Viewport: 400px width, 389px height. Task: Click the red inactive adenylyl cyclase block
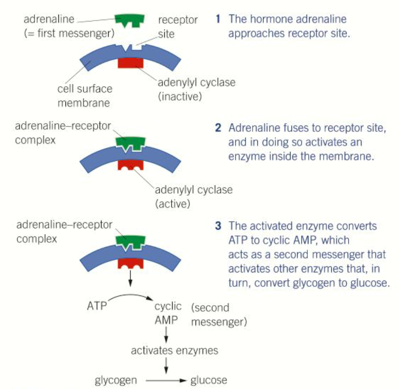(131, 63)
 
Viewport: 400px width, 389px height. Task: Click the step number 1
(218, 20)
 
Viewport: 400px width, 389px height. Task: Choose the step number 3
(218, 226)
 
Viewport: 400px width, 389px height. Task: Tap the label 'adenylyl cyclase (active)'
(194, 197)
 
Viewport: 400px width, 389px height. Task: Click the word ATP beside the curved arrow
(97, 307)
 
